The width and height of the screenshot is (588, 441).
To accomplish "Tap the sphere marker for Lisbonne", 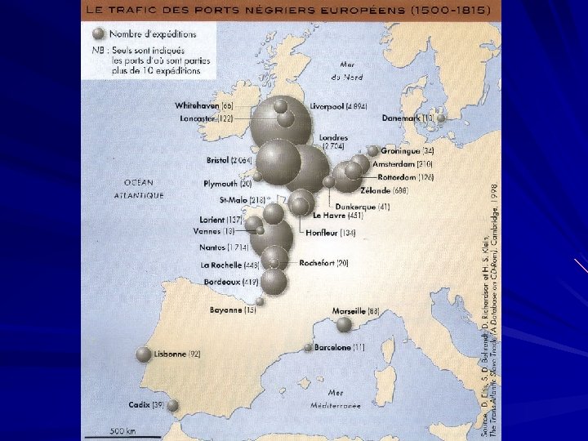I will click(144, 354).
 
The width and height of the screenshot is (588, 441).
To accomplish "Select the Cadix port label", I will click(146, 405).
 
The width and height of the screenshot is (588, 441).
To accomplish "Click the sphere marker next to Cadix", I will click(172, 406).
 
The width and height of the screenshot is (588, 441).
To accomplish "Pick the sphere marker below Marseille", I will click(345, 324).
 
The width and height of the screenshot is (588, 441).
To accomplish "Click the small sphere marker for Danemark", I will click(441, 118).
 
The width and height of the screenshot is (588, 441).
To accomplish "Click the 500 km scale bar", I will click(123, 433).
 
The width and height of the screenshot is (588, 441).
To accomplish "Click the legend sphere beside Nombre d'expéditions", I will click(99, 34).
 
